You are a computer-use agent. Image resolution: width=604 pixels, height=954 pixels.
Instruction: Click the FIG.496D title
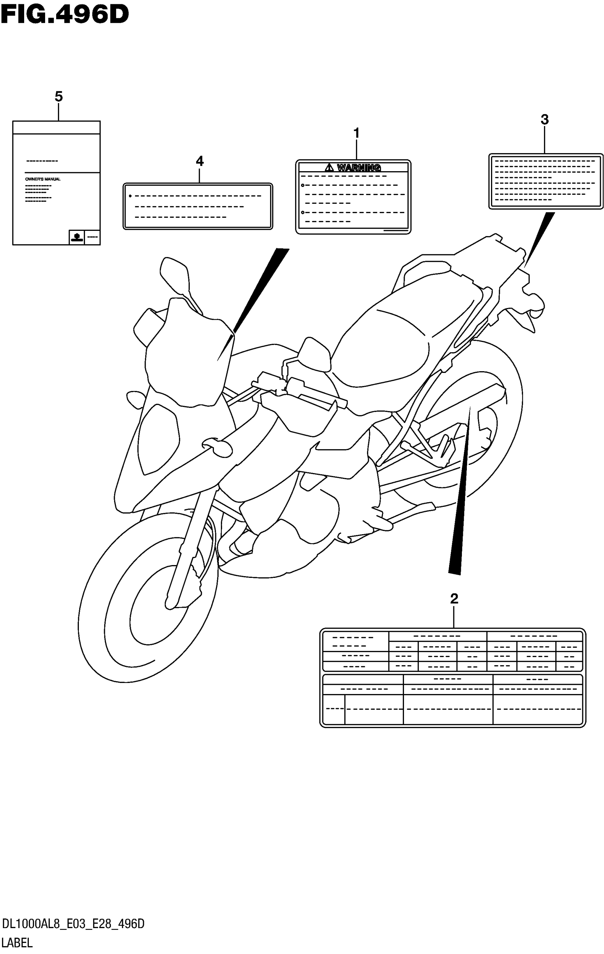pyautogui.click(x=65, y=15)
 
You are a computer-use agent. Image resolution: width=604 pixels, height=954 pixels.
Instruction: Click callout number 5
pyautogui.click(x=59, y=97)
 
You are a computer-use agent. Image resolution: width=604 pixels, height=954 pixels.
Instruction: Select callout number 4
pyautogui.click(x=200, y=161)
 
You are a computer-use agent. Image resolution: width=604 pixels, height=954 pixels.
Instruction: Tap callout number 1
pyautogui.click(x=356, y=134)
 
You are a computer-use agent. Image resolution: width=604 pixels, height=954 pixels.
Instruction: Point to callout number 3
pyautogui.click(x=545, y=120)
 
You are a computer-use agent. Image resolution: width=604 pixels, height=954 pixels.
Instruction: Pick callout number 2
pyautogui.click(x=454, y=598)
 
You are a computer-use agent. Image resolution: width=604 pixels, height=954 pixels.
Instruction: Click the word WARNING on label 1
pyautogui.click(x=359, y=168)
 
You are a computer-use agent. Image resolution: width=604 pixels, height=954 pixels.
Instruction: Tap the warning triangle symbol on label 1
pyautogui.click(x=329, y=168)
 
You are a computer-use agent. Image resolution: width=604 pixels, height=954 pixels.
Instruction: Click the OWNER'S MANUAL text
pyautogui.click(x=43, y=179)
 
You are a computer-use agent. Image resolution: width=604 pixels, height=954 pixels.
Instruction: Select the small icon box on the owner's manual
pyautogui.click(x=76, y=237)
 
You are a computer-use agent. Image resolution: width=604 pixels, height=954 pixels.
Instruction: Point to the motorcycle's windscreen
pyautogui.click(x=186, y=357)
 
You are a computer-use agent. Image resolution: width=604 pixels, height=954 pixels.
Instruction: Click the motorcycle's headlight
pyautogui.click(x=158, y=440)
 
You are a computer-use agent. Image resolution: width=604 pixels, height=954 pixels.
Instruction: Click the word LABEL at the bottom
pyautogui.click(x=17, y=943)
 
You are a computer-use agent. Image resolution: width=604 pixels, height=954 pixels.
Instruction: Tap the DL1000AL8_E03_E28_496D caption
pyautogui.click(x=73, y=924)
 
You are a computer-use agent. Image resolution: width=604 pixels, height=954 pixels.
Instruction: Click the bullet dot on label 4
pyautogui.click(x=130, y=196)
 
